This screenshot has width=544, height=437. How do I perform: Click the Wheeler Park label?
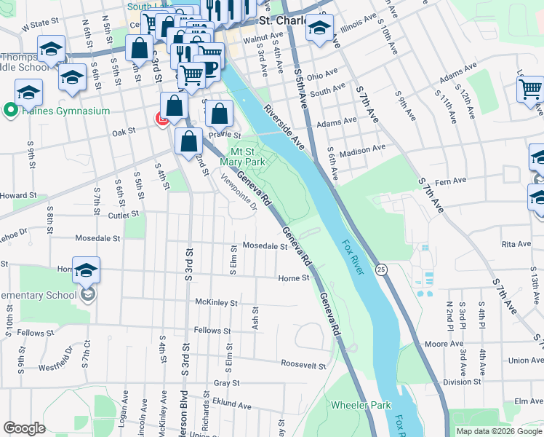pos(361,405)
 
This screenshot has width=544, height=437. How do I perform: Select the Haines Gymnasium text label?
pos(65,111)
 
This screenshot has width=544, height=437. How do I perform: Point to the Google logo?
pos(24,428)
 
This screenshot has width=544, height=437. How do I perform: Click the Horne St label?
pos(294,278)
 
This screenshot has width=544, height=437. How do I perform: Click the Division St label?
pos(463,381)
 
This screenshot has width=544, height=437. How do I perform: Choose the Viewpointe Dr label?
pos(239,192)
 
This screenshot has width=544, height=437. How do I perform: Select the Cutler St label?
pos(123,215)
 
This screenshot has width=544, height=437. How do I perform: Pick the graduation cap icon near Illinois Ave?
pos(319,28)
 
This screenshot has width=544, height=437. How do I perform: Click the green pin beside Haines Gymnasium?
pos(10,111)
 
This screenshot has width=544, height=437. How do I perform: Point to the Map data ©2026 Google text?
pos(498,430)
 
